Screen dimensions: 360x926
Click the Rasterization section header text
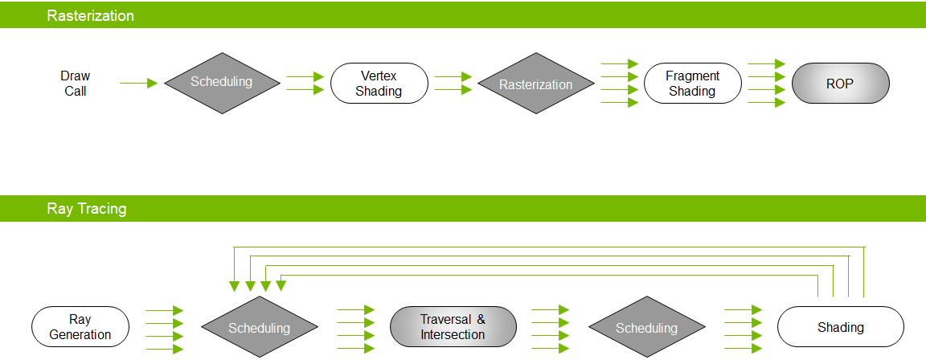click(x=90, y=15)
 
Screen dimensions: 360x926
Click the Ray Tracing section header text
click(x=86, y=209)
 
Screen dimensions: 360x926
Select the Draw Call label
click(x=76, y=84)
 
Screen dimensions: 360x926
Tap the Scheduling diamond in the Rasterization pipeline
click(x=221, y=82)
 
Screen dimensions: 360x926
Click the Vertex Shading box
click(x=379, y=84)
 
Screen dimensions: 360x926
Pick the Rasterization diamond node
click(x=535, y=84)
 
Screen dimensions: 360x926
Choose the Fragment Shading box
click(x=692, y=84)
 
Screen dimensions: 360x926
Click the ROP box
click(x=840, y=84)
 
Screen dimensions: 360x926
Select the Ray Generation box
click(x=80, y=327)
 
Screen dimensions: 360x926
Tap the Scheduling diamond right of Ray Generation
click(x=259, y=328)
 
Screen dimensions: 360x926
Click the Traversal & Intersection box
click(x=453, y=327)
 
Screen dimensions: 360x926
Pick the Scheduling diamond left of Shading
click(x=646, y=328)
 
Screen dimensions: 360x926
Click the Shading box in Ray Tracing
click(x=840, y=327)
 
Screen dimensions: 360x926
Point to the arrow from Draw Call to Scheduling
click(x=138, y=83)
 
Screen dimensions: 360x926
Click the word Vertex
click(x=379, y=76)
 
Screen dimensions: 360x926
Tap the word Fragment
click(x=692, y=76)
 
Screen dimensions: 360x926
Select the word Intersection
click(x=453, y=334)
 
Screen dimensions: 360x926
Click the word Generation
click(x=80, y=334)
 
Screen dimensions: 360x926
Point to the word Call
click(x=76, y=91)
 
